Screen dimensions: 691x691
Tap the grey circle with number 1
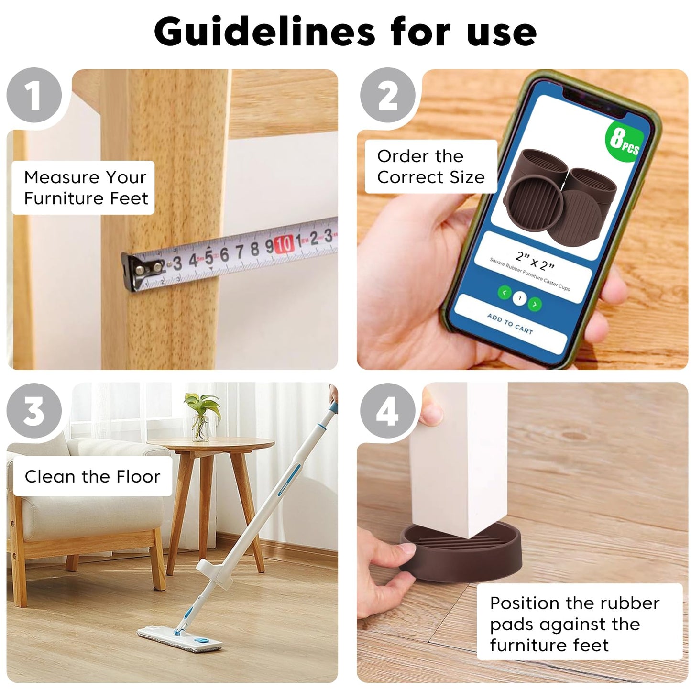pos(34,96)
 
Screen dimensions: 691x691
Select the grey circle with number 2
pos(388,96)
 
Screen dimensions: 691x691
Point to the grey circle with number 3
pos(34,410)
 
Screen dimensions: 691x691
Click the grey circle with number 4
pos(388,410)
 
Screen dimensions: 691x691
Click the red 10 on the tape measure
pos(284,244)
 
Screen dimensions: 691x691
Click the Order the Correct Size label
pos(430,167)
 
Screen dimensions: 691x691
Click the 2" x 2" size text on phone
pos(535,261)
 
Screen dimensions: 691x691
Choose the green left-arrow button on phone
pos(505,293)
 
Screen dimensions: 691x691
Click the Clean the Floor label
pos(92,476)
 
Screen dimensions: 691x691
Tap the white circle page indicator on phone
pos(519,298)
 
